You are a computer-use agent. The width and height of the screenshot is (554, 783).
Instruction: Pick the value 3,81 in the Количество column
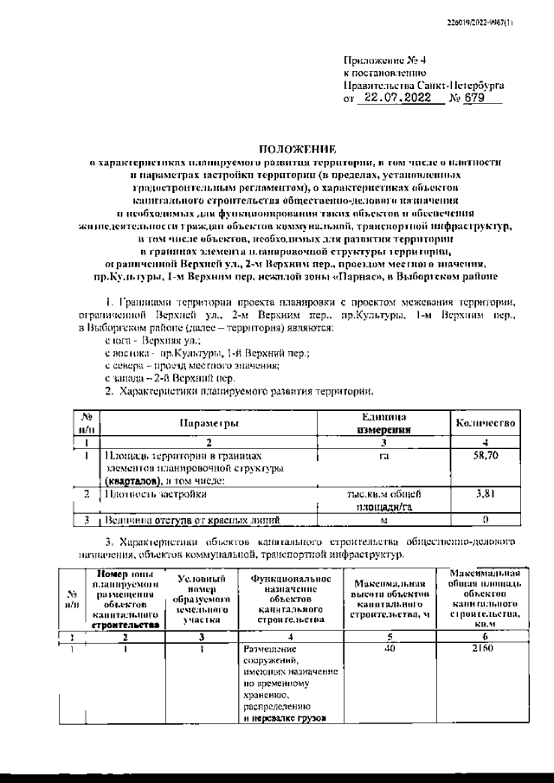[x=486, y=494]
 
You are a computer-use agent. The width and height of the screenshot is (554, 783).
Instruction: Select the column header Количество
[x=486, y=422]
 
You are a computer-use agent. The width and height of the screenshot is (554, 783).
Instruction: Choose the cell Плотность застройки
[x=156, y=494]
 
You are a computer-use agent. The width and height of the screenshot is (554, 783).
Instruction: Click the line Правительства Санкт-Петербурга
[x=425, y=87]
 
